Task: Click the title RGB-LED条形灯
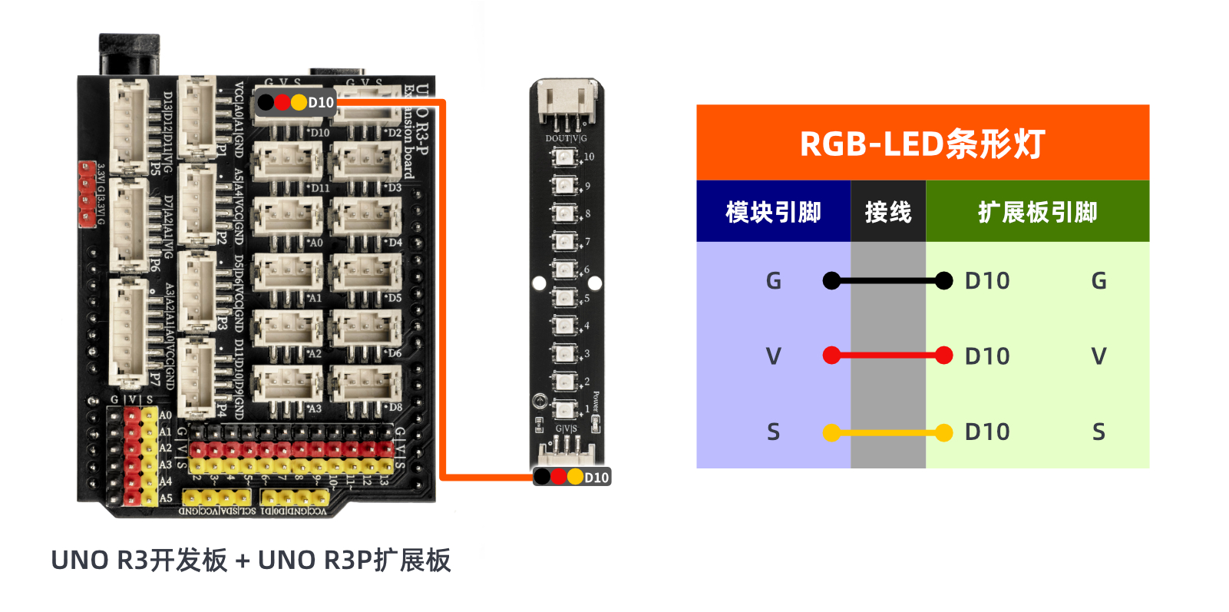pos(922,144)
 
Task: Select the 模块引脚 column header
pos(773,212)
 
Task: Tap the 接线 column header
pos(888,212)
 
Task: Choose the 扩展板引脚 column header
pos(1037,212)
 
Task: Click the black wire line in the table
pos(887,281)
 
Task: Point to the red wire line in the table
pos(887,356)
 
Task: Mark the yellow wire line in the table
pos(887,432)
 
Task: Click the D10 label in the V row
pos(987,356)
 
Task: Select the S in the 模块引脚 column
pos(773,432)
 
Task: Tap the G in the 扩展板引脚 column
pos(1099,281)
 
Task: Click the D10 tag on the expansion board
pos(295,102)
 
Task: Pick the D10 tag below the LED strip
pos(573,477)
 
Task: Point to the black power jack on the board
pos(129,54)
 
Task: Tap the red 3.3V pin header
pos(87,194)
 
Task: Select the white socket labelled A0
pos(288,217)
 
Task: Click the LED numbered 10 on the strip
pos(563,158)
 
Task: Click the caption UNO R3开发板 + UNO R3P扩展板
pos(250,561)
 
